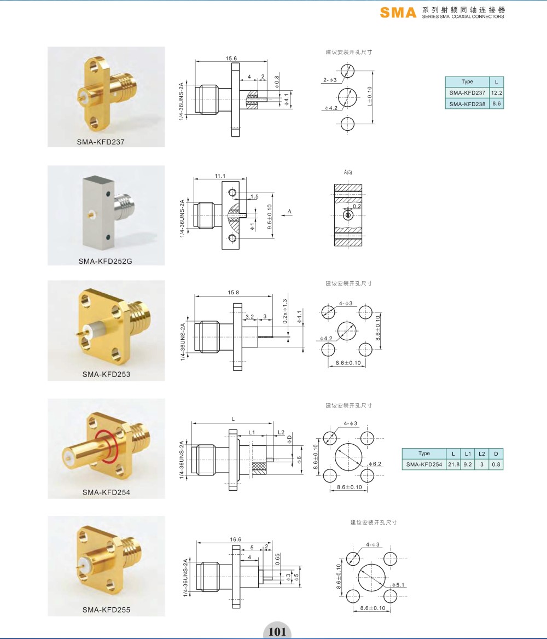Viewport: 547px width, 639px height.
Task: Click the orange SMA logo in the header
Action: (x=398, y=13)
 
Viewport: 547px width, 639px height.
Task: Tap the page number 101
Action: (x=277, y=631)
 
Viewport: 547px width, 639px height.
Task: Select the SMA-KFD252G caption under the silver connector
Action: (x=105, y=261)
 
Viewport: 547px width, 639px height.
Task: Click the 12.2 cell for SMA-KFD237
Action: (x=497, y=93)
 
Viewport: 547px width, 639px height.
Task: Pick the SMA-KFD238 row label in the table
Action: (x=467, y=104)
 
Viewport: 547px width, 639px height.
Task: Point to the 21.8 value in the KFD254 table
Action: (x=453, y=464)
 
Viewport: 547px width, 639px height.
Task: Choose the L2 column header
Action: (x=482, y=454)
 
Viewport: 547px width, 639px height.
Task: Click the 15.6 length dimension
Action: (x=231, y=59)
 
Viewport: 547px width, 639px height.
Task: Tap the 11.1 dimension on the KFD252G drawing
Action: (x=220, y=176)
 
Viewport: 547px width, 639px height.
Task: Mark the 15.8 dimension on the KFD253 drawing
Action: (x=233, y=293)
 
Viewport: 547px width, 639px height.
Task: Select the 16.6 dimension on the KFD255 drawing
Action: (x=235, y=539)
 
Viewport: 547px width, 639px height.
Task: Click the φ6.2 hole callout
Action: (x=375, y=464)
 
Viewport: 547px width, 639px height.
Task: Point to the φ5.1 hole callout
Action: (x=398, y=585)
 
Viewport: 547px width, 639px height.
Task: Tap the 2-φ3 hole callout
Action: (x=330, y=80)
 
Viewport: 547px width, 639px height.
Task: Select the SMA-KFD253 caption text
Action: (x=106, y=374)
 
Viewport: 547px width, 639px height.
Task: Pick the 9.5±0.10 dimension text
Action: (x=270, y=217)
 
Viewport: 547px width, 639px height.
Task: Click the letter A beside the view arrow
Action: (x=289, y=211)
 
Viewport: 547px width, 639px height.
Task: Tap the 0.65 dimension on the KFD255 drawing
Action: (x=277, y=559)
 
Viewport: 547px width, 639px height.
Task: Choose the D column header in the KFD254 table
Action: (x=496, y=454)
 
